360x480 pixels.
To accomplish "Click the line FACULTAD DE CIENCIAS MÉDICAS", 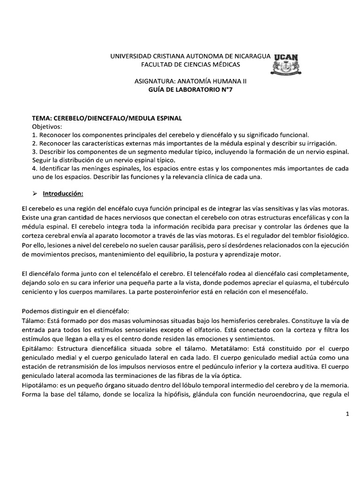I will pos(191,64).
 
